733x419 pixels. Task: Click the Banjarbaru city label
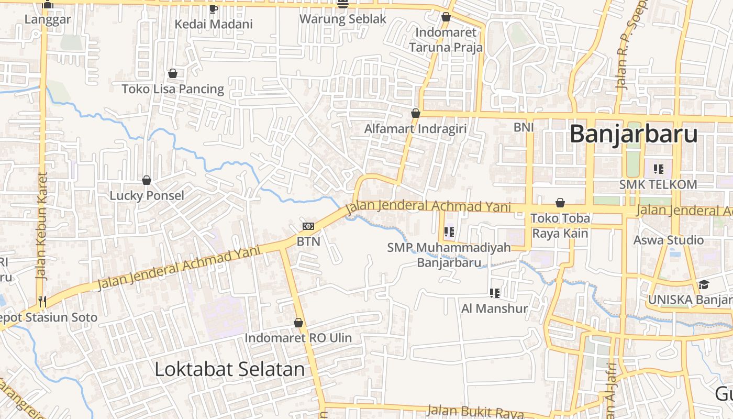tap(634, 134)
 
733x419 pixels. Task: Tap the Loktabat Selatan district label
tap(230, 369)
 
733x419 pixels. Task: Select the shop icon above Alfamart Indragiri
tap(416, 113)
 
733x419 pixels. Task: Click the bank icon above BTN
tap(308, 226)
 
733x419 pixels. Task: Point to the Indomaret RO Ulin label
tap(298, 338)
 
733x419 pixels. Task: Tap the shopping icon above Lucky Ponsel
tap(147, 181)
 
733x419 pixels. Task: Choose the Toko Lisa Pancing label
tap(173, 89)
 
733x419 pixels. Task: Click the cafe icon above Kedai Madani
tap(213, 9)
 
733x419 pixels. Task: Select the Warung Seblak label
tap(343, 19)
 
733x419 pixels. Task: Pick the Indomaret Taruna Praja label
tap(446, 40)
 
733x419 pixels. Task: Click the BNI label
tap(524, 127)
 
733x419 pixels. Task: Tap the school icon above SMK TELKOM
tap(659, 169)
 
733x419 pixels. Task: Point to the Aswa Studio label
tap(669, 240)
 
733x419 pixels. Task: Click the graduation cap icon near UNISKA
tap(704, 285)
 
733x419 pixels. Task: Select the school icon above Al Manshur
tap(494, 293)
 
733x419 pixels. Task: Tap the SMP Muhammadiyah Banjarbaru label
tap(449, 255)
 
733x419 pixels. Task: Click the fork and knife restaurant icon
tap(42, 301)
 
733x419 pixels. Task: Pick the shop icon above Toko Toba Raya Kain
tap(560, 203)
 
